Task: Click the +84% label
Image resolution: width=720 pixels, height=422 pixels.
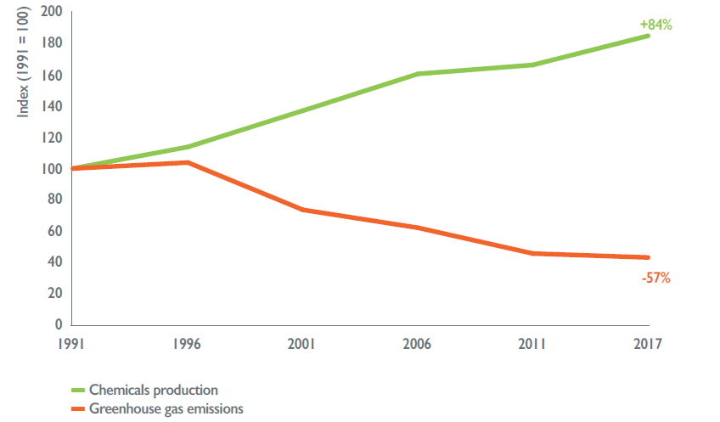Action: coord(655,25)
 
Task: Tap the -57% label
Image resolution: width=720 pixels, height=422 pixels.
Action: coord(655,278)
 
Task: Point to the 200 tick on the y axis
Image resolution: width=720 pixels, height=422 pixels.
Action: coord(53,13)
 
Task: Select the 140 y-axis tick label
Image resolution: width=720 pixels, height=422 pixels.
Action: coord(53,107)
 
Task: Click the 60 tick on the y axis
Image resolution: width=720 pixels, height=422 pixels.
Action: coord(56,231)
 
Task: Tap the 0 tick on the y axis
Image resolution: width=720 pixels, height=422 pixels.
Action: coord(59,324)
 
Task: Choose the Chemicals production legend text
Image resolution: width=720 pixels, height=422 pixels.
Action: coord(154,390)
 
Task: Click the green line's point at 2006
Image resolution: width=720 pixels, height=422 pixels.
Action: coord(418,74)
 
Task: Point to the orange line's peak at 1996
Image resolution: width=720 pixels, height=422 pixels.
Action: coord(187,162)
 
